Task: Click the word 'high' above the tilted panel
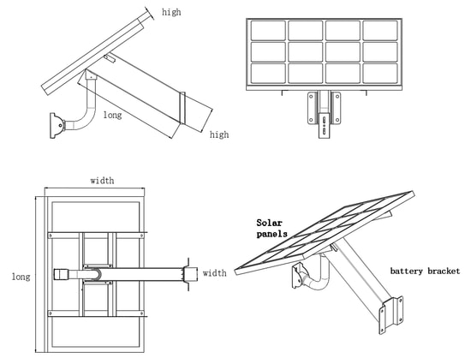(171, 12)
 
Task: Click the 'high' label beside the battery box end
(219, 134)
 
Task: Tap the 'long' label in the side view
(113, 115)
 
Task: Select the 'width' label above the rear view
(102, 181)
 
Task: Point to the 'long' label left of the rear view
(21, 277)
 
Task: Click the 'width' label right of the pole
(214, 273)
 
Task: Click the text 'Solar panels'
(271, 229)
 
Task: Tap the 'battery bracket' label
(425, 271)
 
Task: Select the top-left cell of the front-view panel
(268, 30)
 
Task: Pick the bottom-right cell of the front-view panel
(380, 74)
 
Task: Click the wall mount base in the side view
(57, 126)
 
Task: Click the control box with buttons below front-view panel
(325, 125)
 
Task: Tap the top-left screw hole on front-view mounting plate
(311, 97)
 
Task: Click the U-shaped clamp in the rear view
(94, 273)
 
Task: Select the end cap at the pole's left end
(62, 274)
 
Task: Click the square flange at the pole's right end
(190, 274)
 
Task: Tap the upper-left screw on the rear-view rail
(51, 236)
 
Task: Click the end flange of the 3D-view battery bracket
(391, 314)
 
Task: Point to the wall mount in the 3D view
(298, 275)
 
